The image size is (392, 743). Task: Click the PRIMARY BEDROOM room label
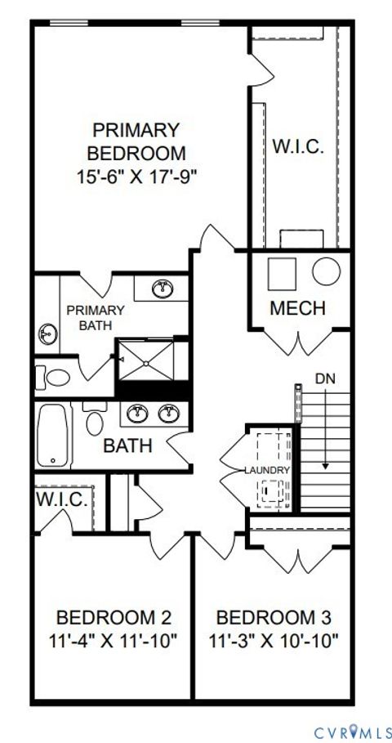pos(136,141)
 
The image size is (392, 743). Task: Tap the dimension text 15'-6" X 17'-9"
pos(136,174)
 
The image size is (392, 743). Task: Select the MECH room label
pos(297,308)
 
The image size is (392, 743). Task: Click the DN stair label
pos(324,378)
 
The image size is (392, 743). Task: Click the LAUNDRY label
pos(267,471)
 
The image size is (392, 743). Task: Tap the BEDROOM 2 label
pos(114,616)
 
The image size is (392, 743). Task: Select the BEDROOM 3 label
pos(274,616)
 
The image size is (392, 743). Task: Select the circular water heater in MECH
pos(327,271)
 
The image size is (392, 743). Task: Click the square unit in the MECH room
pos(283,272)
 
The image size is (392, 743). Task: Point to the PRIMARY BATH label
pos(96,318)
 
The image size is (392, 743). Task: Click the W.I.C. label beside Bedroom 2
pos(62,500)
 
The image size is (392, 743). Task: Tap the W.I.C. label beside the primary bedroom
pos(298,147)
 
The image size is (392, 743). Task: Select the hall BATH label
pos(128,446)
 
